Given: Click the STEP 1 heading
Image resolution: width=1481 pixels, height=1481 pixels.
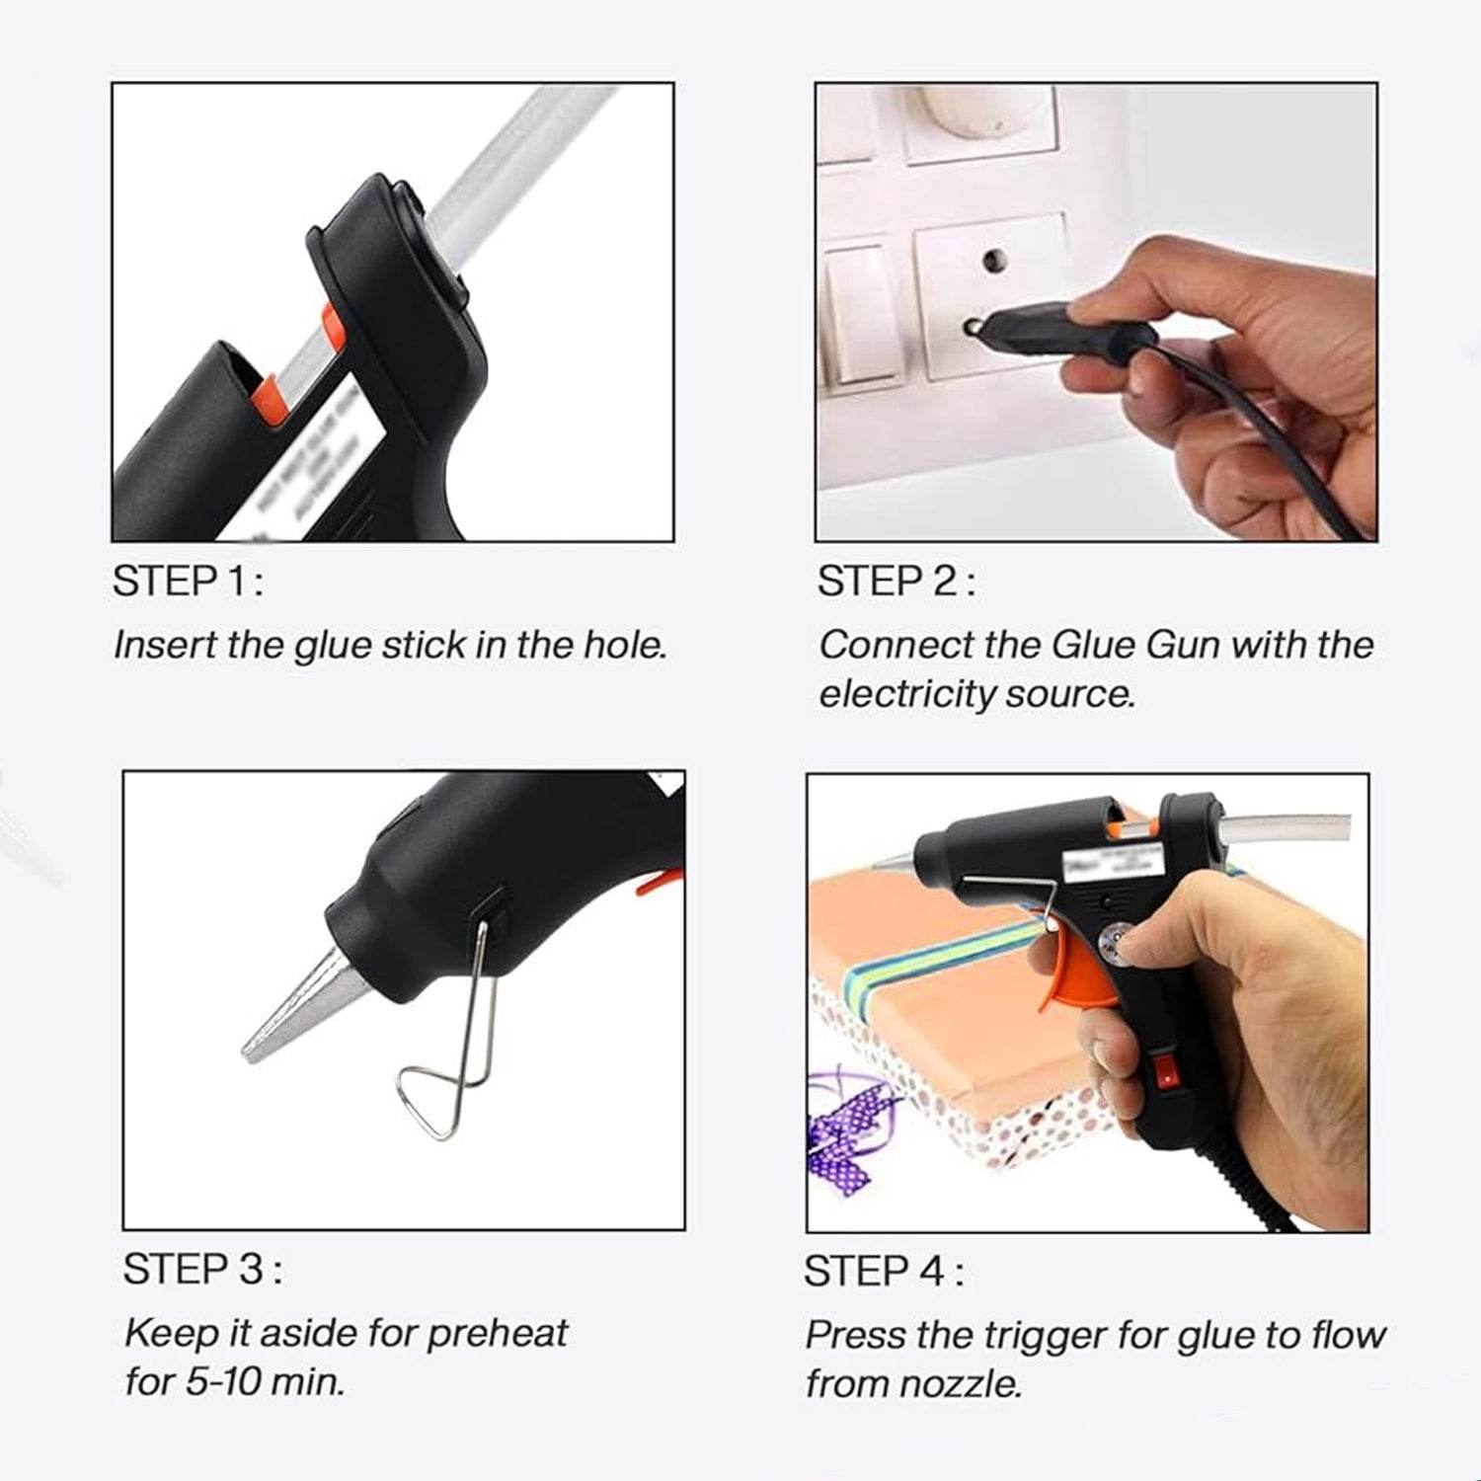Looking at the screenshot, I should [188, 582].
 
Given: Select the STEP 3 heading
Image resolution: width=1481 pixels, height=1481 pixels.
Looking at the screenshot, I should [201, 1270].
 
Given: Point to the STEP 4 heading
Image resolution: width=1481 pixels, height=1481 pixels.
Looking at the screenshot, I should [883, 1272].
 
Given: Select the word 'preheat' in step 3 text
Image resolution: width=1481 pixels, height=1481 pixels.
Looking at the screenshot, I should [497, 1334].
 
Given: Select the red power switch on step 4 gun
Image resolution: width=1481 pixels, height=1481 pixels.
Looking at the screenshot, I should [1168, 1072].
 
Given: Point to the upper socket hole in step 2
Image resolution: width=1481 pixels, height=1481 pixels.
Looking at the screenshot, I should [994, 262].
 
